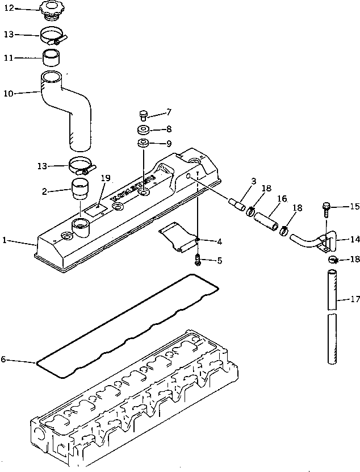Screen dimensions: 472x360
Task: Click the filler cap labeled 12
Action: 54,11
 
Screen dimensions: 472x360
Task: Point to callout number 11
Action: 9,57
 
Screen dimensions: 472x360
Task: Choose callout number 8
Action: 168,129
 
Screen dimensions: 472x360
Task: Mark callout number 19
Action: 104,178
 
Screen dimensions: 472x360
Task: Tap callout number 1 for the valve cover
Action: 5,241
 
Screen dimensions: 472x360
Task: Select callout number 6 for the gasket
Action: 3,360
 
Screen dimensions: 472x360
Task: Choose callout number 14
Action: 354,240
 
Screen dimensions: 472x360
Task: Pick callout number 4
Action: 219,241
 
